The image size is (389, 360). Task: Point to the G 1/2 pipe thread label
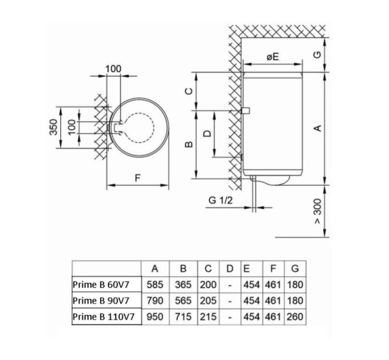pyautogui.click(x=220, y=201)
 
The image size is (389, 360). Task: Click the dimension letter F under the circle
pyautogui.click(x=137, y=178)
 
